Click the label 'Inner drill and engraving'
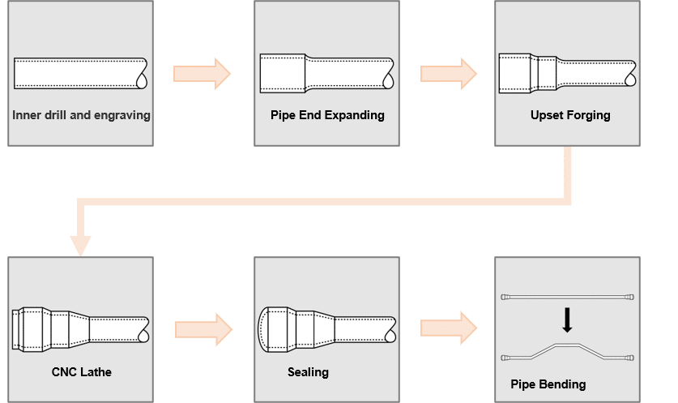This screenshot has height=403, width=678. (81, 115)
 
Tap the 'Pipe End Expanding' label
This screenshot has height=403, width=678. (327, 115)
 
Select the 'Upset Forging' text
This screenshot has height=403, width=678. (570, 115)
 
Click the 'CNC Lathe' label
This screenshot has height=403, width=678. (81, 372)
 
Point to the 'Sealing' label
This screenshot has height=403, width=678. (308, 372)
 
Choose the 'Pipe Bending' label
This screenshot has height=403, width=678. (548, 384)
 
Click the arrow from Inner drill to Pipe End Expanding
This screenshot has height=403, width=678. (203, 74)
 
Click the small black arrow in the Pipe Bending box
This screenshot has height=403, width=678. (567, 321)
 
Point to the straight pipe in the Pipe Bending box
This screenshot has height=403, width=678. (567, 296)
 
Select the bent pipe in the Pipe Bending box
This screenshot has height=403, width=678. (567, 350)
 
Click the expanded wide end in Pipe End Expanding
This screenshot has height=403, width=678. (282, 73)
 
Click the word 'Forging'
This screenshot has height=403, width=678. (589, 115)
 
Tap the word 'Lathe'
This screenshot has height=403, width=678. (96, 372)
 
